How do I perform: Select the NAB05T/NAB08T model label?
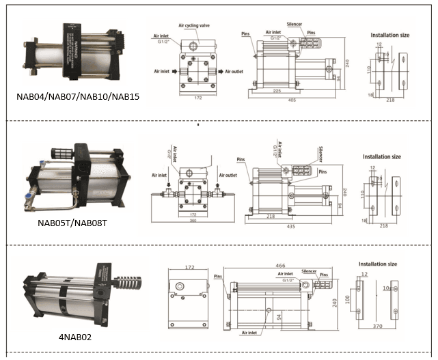tap(78, 223)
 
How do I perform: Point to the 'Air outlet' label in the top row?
tap(231, 71)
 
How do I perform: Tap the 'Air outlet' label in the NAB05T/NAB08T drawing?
tap(228, 175)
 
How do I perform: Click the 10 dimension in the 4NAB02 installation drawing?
tap(387, 288)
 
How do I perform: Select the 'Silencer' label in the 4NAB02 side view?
tap(309, 271)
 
